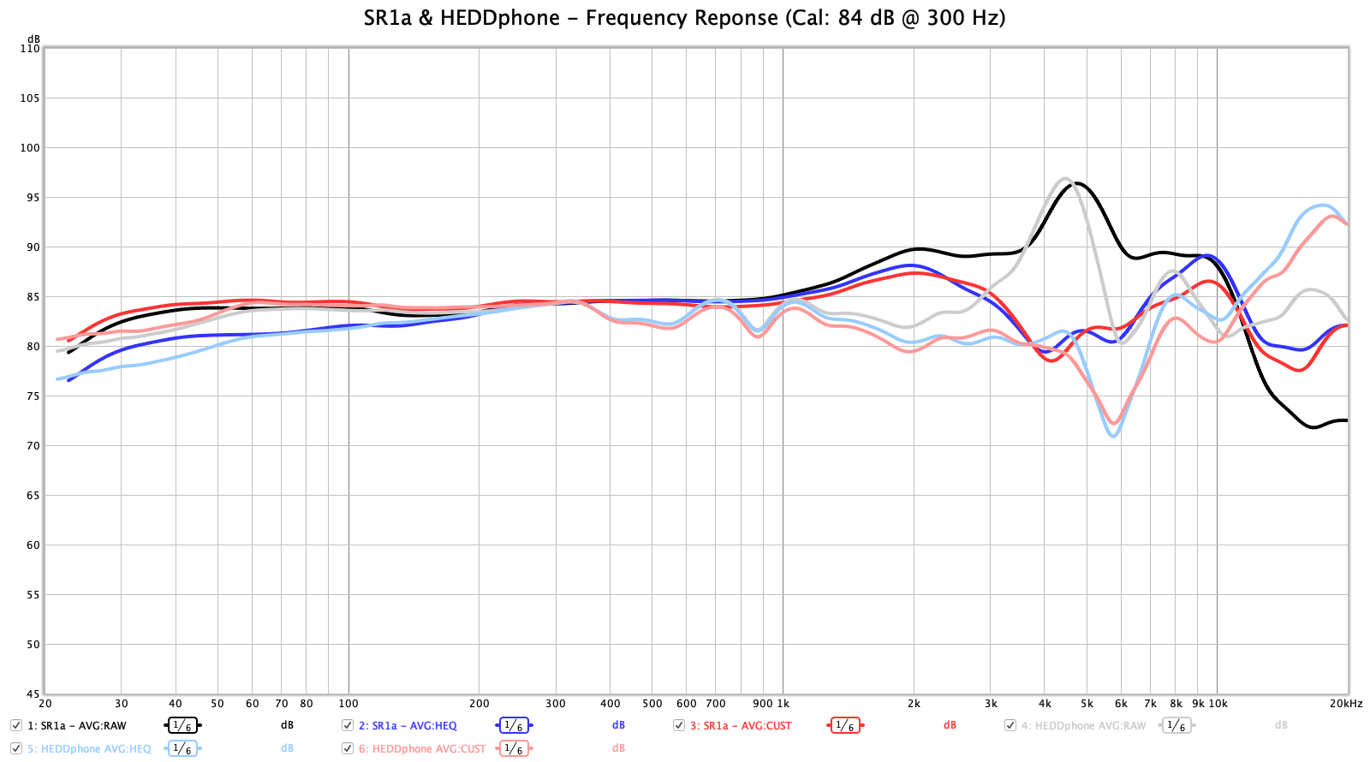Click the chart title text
684,18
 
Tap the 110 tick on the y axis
30,49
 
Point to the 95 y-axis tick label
30,198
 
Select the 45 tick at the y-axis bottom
33,694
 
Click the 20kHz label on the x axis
1346,704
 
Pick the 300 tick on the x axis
556,704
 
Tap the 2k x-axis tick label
914,704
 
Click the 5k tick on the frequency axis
1087,704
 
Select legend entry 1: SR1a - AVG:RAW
77,726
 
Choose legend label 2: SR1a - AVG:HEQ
408,726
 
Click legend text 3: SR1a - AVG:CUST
741,726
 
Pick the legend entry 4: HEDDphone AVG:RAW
1083,726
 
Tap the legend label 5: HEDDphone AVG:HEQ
89,749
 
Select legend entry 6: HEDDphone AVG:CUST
422,749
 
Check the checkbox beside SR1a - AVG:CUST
679,725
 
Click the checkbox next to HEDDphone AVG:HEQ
16,748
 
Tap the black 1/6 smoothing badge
182,726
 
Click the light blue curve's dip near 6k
1113,436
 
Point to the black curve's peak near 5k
1076,183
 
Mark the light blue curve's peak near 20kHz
1323,205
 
